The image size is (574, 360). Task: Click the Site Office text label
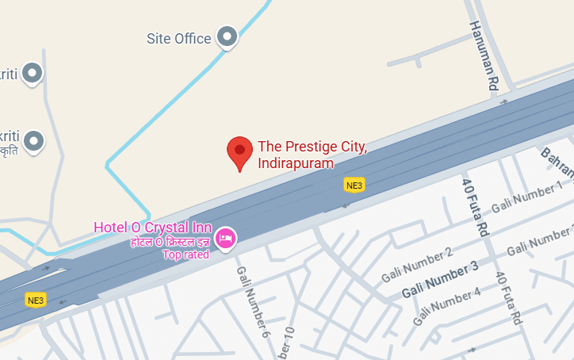179,38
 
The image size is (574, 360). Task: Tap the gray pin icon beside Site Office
228,36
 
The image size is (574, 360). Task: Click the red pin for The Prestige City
239,151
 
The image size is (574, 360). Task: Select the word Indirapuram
296,163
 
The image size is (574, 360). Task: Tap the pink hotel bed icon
226,237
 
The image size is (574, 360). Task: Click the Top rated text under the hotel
186,255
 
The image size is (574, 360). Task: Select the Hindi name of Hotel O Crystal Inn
170,241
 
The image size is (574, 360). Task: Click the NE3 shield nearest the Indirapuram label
354,185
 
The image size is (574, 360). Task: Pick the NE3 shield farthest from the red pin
36,300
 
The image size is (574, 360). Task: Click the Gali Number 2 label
416,265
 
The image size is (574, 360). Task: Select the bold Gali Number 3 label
440,280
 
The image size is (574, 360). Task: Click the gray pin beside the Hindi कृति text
33,142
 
